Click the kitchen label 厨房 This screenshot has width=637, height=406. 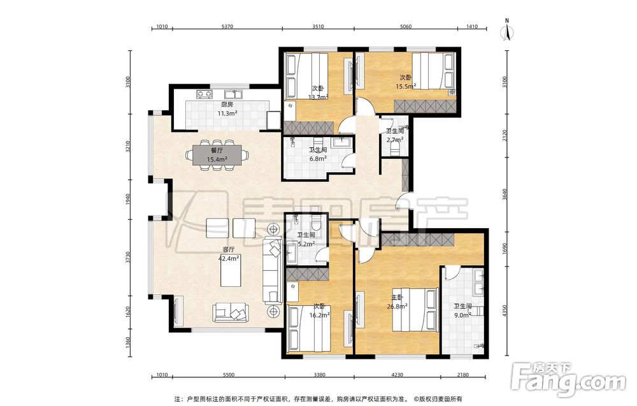227,105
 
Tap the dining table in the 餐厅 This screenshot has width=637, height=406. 217,156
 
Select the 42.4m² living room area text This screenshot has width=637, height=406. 229,257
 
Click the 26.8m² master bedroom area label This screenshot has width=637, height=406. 397,307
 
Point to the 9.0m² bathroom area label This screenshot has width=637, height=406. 462,314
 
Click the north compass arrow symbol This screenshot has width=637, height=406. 508,33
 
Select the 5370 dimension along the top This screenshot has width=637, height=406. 227,27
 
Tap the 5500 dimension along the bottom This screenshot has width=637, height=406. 229,375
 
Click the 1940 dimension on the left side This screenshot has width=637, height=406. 128,199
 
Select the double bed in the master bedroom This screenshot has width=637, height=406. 415,310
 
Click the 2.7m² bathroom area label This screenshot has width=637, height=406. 395,140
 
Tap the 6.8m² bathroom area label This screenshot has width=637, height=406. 318,159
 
